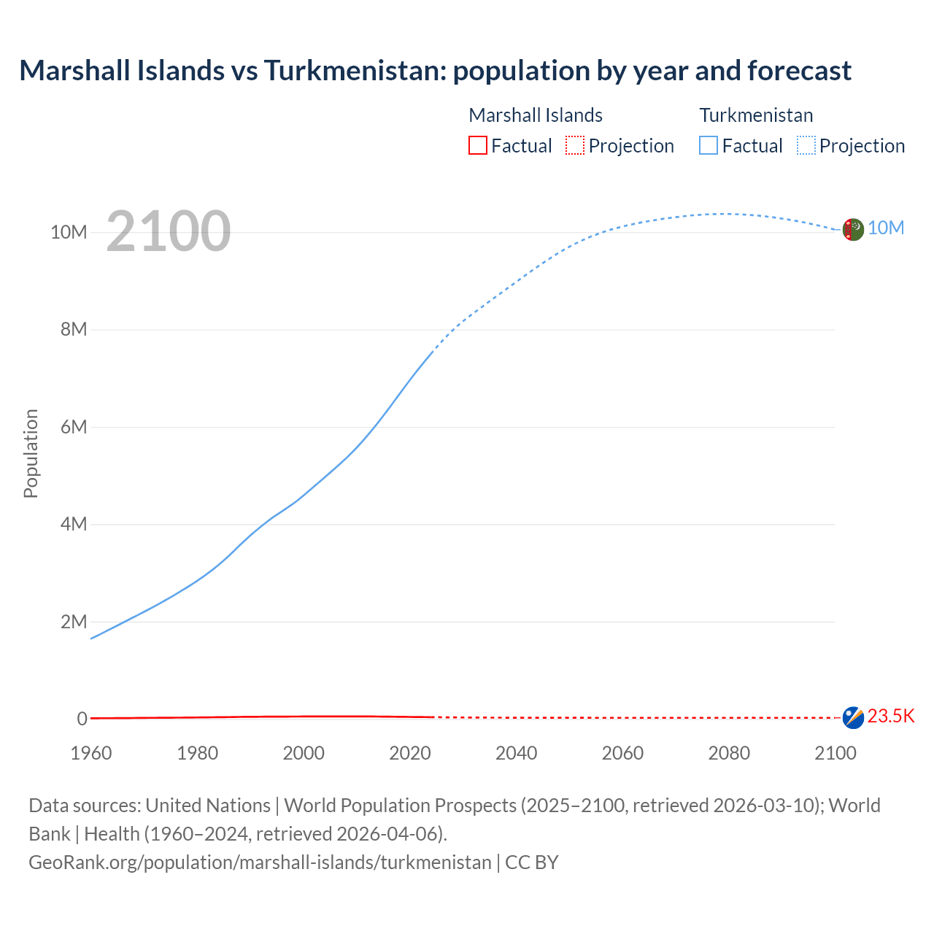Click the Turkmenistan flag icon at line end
point(852,229)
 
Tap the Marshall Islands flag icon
point(852,717)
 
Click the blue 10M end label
point(886,228)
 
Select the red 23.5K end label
point(891,716)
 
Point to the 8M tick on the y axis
point(74,329)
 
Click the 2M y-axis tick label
point(74,622)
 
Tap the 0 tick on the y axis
point(82,719)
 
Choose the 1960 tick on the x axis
point(91,753)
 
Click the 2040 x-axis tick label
point(516,753)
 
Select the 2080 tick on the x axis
point(728,753)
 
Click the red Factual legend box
point(477,146)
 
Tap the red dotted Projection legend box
point(575,146)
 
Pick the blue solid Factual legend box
point(708,146)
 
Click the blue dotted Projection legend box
point(806,146)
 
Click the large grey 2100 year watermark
point(169,231)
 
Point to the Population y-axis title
point(31,453)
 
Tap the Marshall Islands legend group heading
point(536,115)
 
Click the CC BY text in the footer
point(532,862)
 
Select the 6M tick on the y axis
point(74,427)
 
